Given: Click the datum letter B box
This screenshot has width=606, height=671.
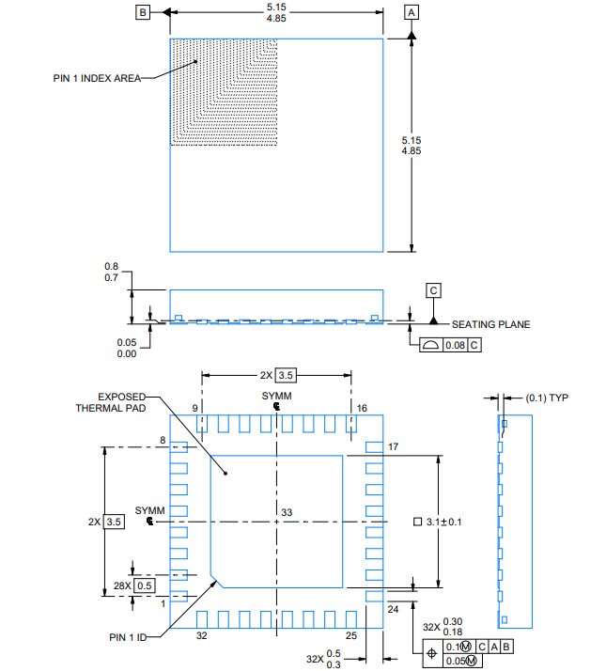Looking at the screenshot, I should [143, 12].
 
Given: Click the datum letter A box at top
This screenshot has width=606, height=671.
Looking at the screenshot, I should [412, 12].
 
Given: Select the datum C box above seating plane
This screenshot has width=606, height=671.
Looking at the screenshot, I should [434, 290].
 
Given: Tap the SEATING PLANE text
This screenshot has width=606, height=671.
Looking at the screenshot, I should [490, 324].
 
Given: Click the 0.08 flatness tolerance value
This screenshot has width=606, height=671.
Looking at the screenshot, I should [455, 345].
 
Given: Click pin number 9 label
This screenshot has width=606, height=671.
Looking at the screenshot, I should [195, 408].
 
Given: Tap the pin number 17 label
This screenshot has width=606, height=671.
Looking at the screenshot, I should [395, 447].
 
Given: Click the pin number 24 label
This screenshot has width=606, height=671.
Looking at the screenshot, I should [395, 609].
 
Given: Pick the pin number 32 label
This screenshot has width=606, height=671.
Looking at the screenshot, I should [200, 636].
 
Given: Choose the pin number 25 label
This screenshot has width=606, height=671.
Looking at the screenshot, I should [351, 636].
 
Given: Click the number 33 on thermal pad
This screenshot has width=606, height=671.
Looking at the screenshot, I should [287, 511].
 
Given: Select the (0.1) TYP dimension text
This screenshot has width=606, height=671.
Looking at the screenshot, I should [548, 398].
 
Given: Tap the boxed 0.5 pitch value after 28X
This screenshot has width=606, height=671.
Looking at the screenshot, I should [145, 585].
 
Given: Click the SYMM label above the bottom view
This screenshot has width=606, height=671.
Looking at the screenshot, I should [276, 397].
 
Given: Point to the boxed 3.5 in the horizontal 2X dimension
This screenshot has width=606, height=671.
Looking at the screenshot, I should [287, 375].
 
